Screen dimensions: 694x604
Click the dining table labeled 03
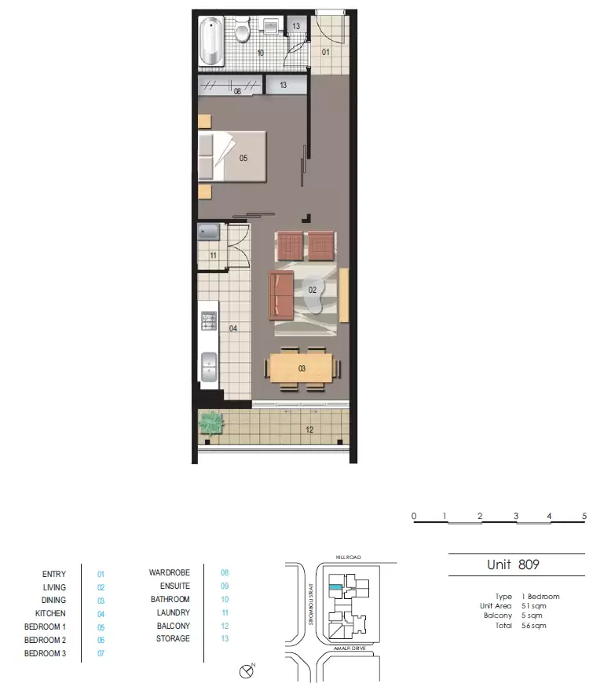tap(302, 367)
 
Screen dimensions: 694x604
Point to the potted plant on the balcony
tap(211, 423)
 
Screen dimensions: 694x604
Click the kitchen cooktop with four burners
tap(209, 320)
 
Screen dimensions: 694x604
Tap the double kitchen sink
tap(209, 367)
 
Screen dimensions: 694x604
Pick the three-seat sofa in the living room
tap(281, 296)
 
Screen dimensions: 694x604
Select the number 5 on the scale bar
tap(584, 516)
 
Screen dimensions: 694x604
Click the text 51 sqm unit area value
tap(533, 606)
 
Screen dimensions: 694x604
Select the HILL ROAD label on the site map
tap(346, 556)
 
